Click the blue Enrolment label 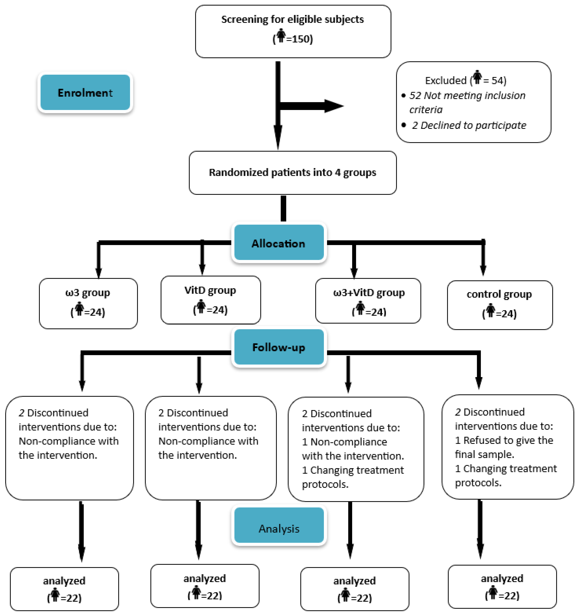click(x=85, y=93)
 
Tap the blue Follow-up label click(x=279, y=347)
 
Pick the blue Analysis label click(x=279, y=529)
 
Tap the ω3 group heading click(x=88, y=293)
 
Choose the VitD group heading click(x=210, y=290)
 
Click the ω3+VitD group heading click(x=369, y=293)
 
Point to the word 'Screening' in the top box click(x=244, y=19)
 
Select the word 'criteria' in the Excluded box click(x=426, y=110)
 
